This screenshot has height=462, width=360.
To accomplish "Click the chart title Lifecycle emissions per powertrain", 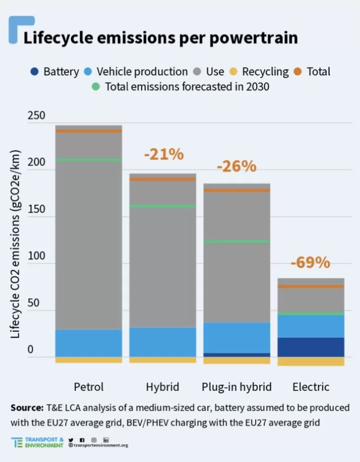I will click(x=160, y=38).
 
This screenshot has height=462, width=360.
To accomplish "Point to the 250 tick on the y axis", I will click(x=36, y=116).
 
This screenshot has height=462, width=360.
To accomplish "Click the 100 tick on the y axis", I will click(x=36, y=256).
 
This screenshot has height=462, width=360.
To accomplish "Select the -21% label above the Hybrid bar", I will click(x=163, y=154).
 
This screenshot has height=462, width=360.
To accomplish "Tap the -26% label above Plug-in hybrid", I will click(x=236, y=166).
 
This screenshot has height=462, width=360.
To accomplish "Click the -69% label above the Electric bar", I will click(x=311, y=263).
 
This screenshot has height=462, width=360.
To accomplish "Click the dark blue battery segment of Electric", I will click(x=311, y=347).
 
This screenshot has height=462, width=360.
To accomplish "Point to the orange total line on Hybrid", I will click(x=162, y=179).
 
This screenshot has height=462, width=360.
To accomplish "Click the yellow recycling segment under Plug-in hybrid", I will click(x=237, y=360).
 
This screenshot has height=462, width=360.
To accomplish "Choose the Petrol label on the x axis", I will click(x=89, y=387).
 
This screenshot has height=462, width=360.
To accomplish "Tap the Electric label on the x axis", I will click(x=311, y=387).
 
